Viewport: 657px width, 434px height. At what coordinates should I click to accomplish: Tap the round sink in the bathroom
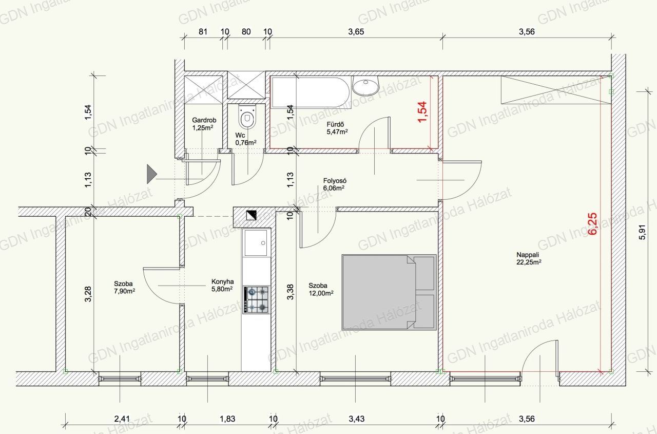click(x=365, y=86)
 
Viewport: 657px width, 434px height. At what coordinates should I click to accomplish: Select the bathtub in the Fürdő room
click(x=311, y=92)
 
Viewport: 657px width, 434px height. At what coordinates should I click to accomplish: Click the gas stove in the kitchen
click(x=256, y=300)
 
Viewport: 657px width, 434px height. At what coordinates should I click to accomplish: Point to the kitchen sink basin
click(x=256, y=243)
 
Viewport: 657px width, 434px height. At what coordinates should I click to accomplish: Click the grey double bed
click(x=389, y=292)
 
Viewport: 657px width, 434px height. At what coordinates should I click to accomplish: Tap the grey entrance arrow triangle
click(x=152, y=174)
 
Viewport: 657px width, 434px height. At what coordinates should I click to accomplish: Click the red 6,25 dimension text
click(x=592, y=223)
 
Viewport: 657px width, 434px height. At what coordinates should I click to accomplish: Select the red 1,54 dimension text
click(x=422, y=112)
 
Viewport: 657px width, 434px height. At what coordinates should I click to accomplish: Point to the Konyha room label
click(x=222, y=281)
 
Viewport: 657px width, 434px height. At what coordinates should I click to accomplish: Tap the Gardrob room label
click(x=204, y=120)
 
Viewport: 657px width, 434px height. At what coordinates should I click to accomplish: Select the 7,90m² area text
click(x=124, y=291)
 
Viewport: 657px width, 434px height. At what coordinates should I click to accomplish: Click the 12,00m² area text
click(x=321, y=293)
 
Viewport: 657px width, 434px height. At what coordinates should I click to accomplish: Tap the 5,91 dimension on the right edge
click(x=642, y=232)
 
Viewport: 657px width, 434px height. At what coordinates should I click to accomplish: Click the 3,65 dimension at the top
click(x=356, y=32)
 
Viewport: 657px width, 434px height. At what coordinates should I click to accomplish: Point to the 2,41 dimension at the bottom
click(x=122, y=419)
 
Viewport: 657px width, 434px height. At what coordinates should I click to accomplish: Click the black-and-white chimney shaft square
click(x=252, y=215)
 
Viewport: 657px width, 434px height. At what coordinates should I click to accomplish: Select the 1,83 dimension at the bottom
click(x=227, y=419)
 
